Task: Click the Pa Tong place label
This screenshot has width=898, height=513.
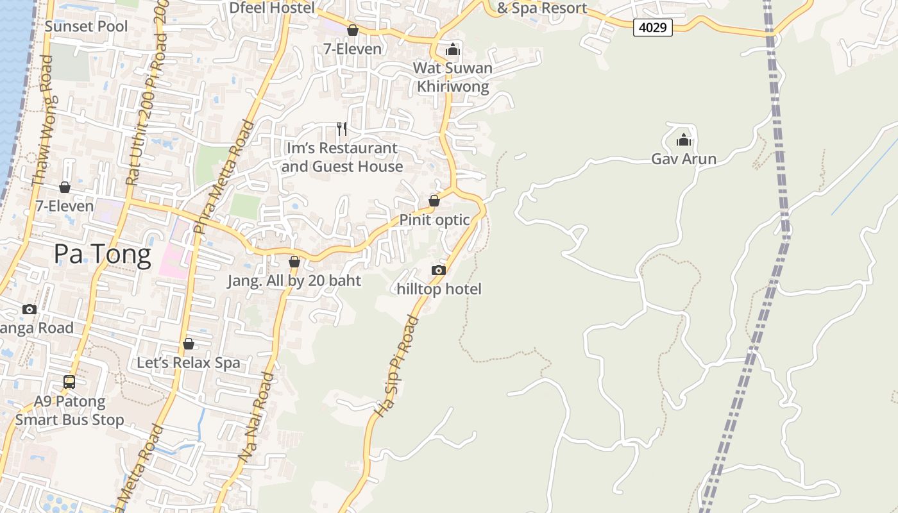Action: click(x=103, y=255)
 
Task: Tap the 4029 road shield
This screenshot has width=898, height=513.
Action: click(x=652, y=28)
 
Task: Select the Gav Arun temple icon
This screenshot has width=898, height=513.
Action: click(x=684, y=139)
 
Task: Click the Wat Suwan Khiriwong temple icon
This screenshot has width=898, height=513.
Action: click(x=453, y=49)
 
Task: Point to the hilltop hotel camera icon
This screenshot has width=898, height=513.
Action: click(x=439, y=270)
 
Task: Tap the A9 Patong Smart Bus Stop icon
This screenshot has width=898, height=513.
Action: click(x=69, y=382)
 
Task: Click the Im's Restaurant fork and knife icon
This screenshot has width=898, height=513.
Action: click(x=342, y=129)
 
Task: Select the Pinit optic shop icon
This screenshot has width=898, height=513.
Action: click(x=434, y=201)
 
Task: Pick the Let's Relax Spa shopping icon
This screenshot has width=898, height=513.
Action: click(x=189, y=344)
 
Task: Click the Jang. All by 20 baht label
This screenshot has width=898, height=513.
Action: click(x=294, y=281)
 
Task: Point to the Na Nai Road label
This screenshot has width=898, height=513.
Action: click(x=256, y=417)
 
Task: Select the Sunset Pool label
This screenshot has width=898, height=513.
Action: click(x=86, y=26)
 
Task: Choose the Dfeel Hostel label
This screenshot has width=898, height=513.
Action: click(x=273, y=8)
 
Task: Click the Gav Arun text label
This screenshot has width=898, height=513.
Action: click(x=684, y=159)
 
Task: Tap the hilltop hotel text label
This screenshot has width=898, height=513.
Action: click(x=439, y=289)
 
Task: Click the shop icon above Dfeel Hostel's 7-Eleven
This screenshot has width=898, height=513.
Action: click(x=352, y=30)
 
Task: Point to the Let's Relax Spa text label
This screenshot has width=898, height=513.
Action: click(x=189, y=363)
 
